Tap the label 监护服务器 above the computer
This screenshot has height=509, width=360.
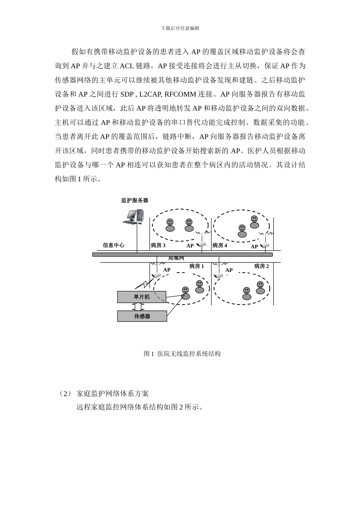point(135,200)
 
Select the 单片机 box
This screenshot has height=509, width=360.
point(142,297)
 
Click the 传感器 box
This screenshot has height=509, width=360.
point(142,316)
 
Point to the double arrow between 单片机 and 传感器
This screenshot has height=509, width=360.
point(141,307)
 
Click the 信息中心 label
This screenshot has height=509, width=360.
point(114,245)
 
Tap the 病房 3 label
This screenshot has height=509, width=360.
point(158,245)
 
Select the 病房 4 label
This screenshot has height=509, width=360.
point(220,245)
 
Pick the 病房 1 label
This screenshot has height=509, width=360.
point(197,266)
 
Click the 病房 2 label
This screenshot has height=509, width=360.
point(261,266)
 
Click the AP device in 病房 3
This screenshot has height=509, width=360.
point(201,244)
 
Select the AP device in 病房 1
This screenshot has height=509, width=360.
point(156,275)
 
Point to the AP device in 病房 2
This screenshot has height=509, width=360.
point(218,275)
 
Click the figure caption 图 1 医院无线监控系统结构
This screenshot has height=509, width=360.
point(182,354)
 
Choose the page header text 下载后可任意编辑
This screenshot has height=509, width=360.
point(180,28)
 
